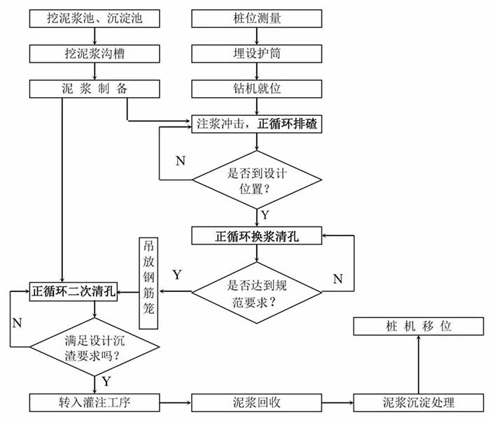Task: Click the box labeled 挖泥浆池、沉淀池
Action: pos(95,17)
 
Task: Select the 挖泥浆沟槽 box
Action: pos(95,52)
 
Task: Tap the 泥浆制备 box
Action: pos(95,89)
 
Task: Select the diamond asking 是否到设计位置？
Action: pos(257,177)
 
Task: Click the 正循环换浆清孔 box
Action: pos(257,235)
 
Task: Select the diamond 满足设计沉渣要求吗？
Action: pos(95,345)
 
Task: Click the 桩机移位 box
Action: pos(418,326)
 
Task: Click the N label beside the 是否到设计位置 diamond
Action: pos(181,161)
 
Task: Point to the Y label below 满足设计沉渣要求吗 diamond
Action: pos(106,381)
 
